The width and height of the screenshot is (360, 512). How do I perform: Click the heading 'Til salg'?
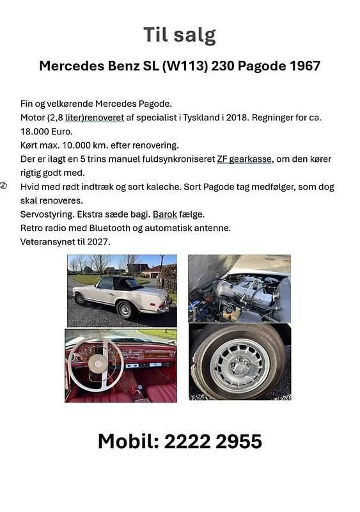pos(180,35)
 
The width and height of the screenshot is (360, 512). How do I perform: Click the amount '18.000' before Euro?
pos(36,131)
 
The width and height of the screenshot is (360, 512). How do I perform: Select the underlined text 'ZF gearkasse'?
pos(245,159)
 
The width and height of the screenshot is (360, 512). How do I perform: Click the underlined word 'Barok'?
pos(164,214)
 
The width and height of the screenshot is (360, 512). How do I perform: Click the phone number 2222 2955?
pos(213,441)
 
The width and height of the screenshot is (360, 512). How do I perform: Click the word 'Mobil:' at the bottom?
pos(128,441)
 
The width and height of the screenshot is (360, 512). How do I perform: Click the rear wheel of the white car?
pos(125,309)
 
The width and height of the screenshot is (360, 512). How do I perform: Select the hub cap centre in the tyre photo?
pos(240,366)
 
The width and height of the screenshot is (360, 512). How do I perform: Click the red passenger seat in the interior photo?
pos(159,391)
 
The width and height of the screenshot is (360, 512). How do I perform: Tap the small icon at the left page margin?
pos(4,186)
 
